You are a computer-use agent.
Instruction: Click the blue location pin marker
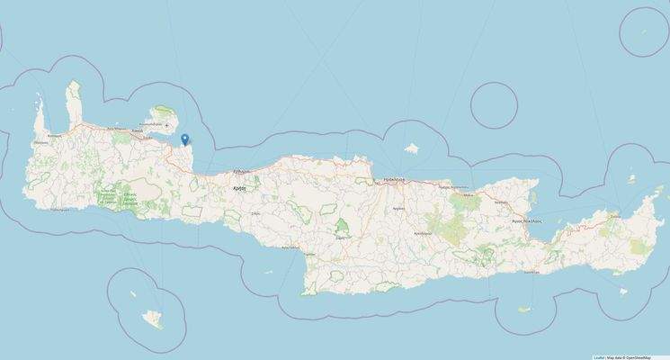click(x=184, y=139)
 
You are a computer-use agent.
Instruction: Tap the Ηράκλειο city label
click(x=397, y=180)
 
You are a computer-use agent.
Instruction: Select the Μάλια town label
click(x=467, y=193)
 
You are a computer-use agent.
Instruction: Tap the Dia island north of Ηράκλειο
click(x=413, y=148)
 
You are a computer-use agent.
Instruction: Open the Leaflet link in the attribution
click(x=598, y=356)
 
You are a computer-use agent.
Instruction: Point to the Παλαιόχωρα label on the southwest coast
click(x=60, y=208)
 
